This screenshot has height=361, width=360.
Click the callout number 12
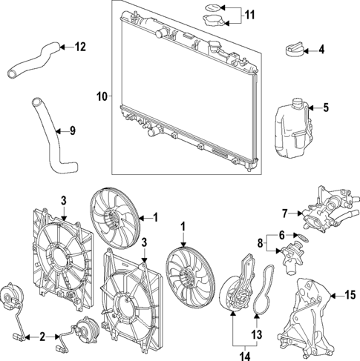click(80, 47)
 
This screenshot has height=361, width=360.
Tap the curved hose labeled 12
click(34, 60)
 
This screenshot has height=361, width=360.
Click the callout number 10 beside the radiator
click(102, 96)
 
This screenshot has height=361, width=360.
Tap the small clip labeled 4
click(294, 50)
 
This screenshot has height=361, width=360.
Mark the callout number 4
click(321, 50)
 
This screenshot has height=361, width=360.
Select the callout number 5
click(325, 108)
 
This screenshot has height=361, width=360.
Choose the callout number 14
click(239, 354)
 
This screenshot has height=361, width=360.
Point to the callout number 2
click(42, 337)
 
